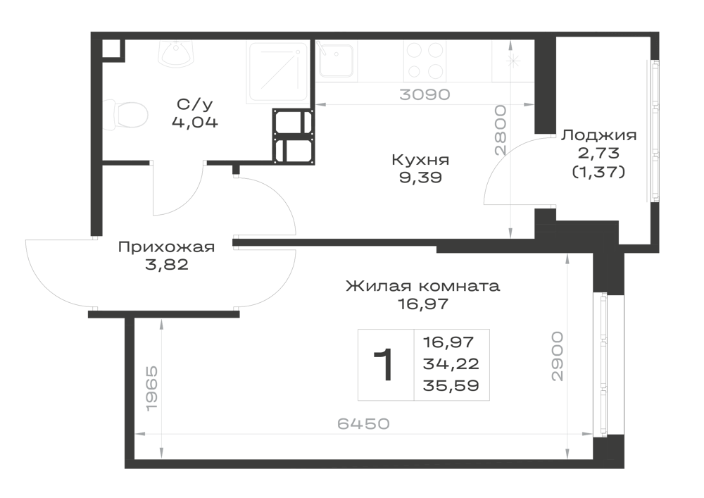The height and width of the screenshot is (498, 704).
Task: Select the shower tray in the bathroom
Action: (x=278, y=71)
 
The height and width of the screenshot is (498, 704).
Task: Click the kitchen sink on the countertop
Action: (x=335, y=61)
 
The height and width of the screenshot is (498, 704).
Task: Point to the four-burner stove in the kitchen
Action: (x=425, y=61)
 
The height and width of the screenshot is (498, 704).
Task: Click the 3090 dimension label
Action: (x=425, y=95)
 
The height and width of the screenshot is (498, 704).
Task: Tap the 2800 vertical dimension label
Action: (x=500, y=130)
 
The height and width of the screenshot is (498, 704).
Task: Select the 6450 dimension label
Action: (x=364, y=423)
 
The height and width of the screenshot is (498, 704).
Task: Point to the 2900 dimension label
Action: (x=557, y=356)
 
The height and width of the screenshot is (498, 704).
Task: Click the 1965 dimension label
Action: (x=152, y=387)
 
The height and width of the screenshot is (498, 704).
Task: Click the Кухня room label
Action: (x=420, y=161)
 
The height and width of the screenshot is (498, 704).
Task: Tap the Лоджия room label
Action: (x=598, y=135)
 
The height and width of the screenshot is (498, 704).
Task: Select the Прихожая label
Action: (x=167, y=247)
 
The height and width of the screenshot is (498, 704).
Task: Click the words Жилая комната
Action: (x=423, y=286)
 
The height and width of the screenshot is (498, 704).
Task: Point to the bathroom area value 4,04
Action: (x=195, y=122)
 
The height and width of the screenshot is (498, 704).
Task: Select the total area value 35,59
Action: (x=451, y=386)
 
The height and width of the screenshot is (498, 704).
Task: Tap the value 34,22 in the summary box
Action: (x=451, y=363)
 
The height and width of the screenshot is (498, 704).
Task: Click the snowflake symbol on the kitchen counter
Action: (x=513, y=61)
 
